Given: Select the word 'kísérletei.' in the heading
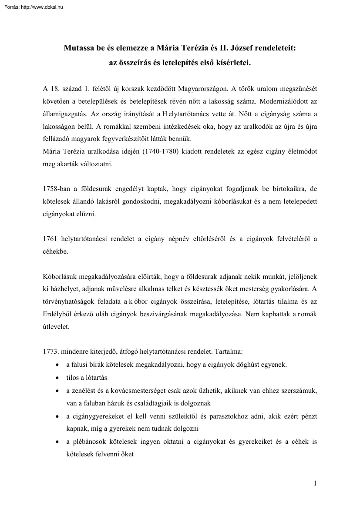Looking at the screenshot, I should click(233, 63).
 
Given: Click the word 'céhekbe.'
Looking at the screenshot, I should click(56, 251).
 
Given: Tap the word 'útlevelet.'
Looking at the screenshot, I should click(57, 326).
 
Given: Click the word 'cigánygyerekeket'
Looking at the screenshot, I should click(94, 416).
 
